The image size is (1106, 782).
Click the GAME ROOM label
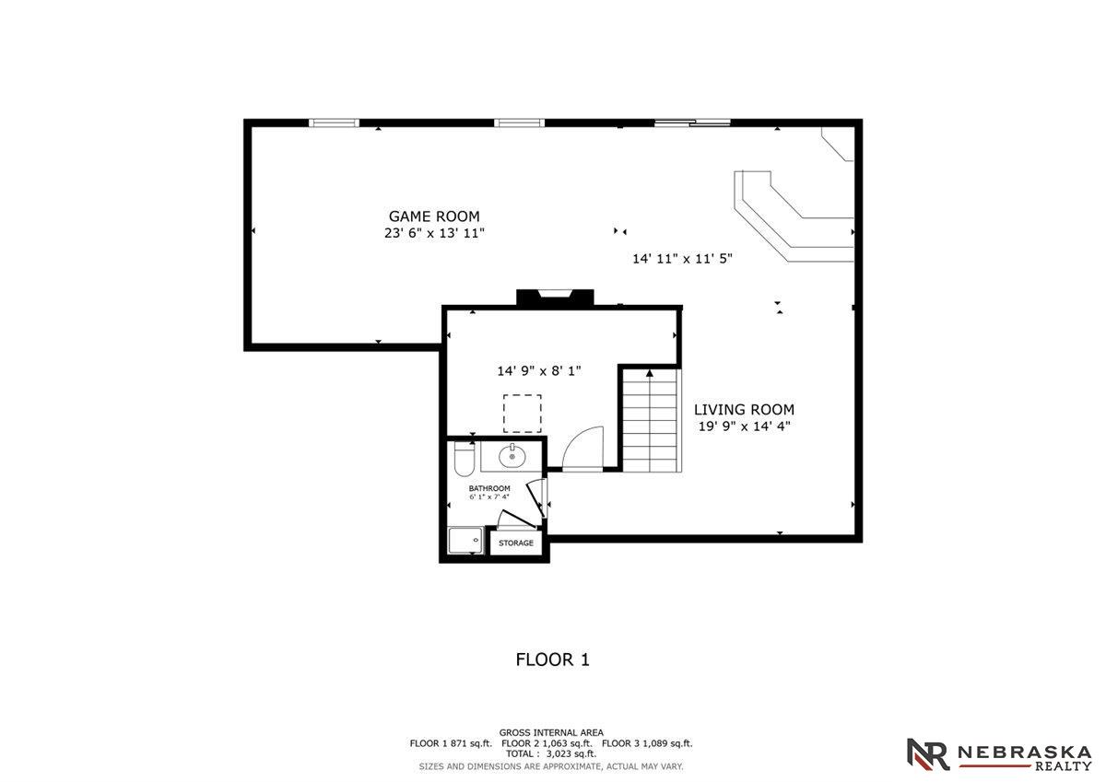pos(434,216)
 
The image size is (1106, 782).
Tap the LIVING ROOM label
pos(744,410)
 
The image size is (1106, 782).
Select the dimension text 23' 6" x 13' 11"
pos(434,233)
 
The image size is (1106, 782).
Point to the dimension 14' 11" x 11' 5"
pos(682,259)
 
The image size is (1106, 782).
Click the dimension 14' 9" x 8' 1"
pos(539,370)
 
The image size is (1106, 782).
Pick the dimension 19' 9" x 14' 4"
pos(745,426)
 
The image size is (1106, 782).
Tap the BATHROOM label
pos(489,488)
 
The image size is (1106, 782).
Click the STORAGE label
pos(516,543)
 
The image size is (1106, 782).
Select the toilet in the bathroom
pos(464,459)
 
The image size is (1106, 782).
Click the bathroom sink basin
pos(512,455)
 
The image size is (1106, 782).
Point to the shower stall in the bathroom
pos(465,541)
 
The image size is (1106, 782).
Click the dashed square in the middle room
pos(523,414)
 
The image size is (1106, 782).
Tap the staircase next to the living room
pos(651,421)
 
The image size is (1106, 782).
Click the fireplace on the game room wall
pos(555,298)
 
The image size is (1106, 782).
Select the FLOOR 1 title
pos(552,659)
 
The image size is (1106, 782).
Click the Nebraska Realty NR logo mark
pos(928,753)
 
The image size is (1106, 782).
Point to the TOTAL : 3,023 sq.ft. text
pos(551,753)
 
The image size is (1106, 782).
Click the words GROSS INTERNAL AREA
pos(551,732)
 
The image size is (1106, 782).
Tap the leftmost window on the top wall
pos(335,123)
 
